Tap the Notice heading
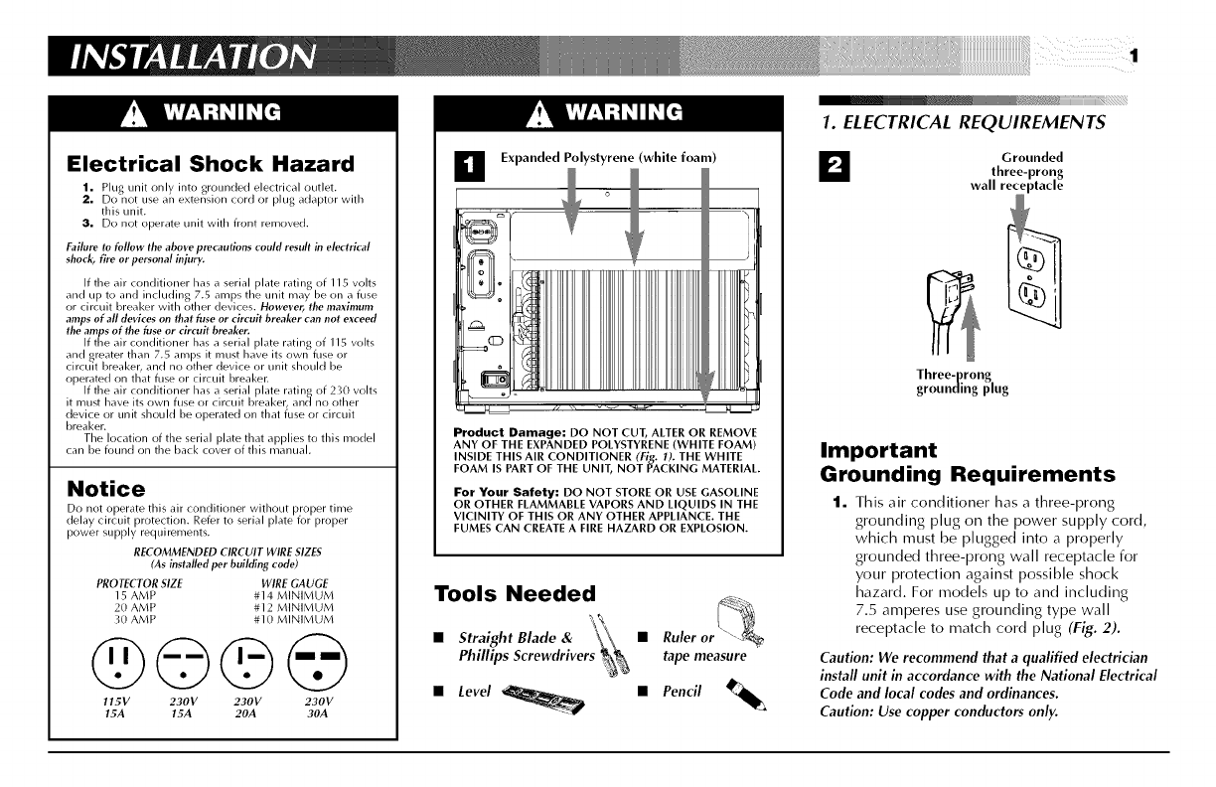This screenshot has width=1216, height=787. [x=104, y=489]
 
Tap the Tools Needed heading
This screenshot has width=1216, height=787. [x=515, y=593]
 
